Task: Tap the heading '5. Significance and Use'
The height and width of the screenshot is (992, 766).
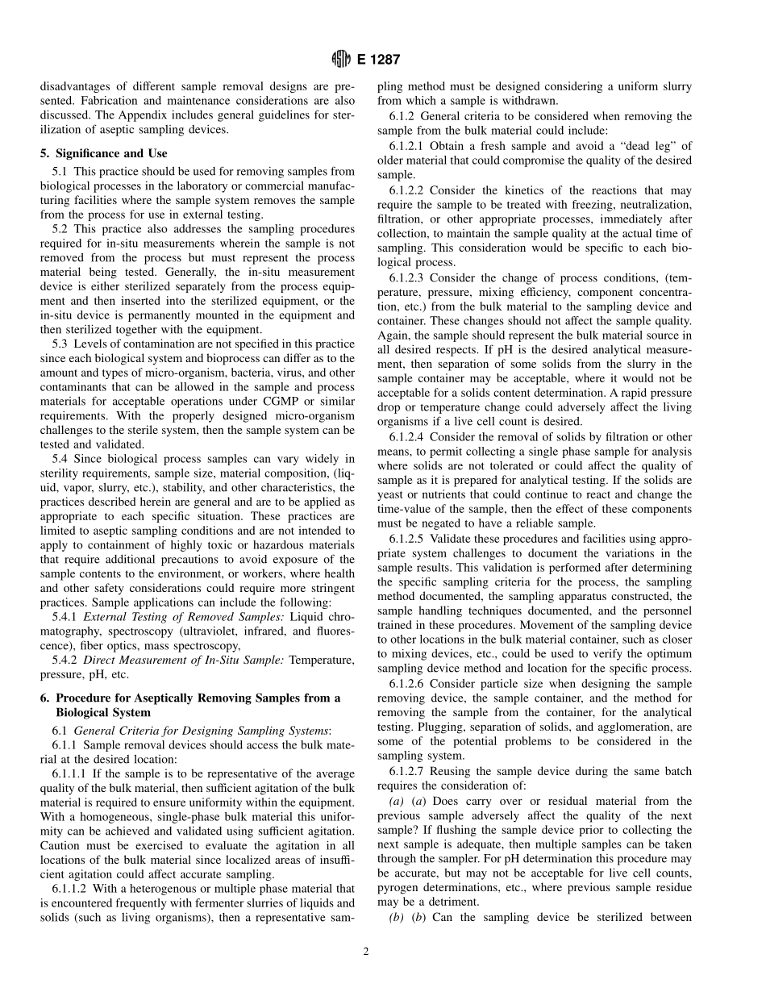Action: [x=104, y=152]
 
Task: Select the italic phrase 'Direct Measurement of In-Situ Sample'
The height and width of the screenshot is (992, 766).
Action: [x=181, y=661]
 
